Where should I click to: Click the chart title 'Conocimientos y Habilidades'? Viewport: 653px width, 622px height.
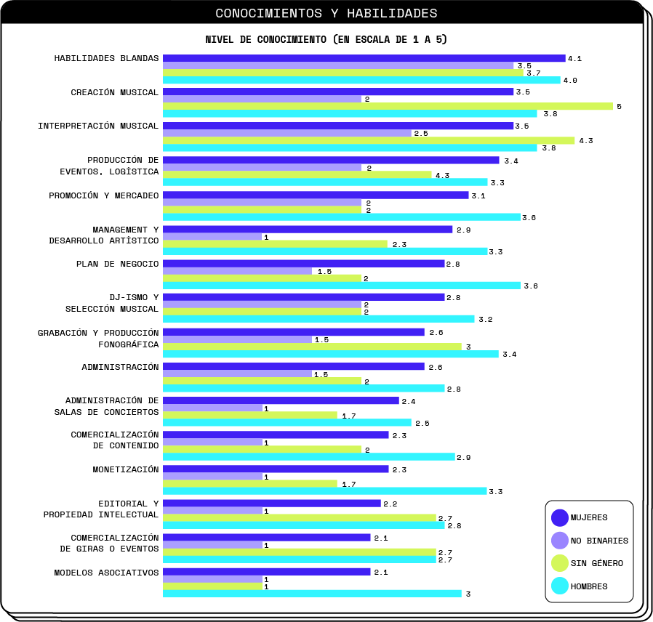326,13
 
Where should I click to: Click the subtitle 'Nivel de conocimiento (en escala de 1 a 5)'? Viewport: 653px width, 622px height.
326,39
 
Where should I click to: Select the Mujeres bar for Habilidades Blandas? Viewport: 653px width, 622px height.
364,58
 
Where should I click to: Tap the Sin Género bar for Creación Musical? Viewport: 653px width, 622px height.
388,106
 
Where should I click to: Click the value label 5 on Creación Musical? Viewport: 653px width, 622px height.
619,106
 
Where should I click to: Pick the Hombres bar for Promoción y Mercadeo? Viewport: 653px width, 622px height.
341,217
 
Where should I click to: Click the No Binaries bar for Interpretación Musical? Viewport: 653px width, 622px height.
287,133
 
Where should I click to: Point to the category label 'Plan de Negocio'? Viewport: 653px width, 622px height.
117,264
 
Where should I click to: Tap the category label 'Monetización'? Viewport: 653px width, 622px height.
125,469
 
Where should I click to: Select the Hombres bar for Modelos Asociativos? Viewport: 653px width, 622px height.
312,594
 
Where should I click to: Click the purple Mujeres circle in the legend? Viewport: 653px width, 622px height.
560,517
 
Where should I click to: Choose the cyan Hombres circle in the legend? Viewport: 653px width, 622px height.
560,586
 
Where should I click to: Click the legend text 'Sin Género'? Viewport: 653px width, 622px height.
596,563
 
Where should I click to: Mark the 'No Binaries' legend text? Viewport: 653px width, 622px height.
599,541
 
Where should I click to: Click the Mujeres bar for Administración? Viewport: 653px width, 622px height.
293,366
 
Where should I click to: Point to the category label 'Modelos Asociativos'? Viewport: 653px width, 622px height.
106,573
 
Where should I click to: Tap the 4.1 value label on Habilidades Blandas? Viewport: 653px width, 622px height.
574,58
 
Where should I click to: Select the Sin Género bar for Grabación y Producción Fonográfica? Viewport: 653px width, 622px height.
312,347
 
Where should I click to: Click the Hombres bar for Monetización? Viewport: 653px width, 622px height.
324,491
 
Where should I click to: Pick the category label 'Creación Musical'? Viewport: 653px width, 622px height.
114,92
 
